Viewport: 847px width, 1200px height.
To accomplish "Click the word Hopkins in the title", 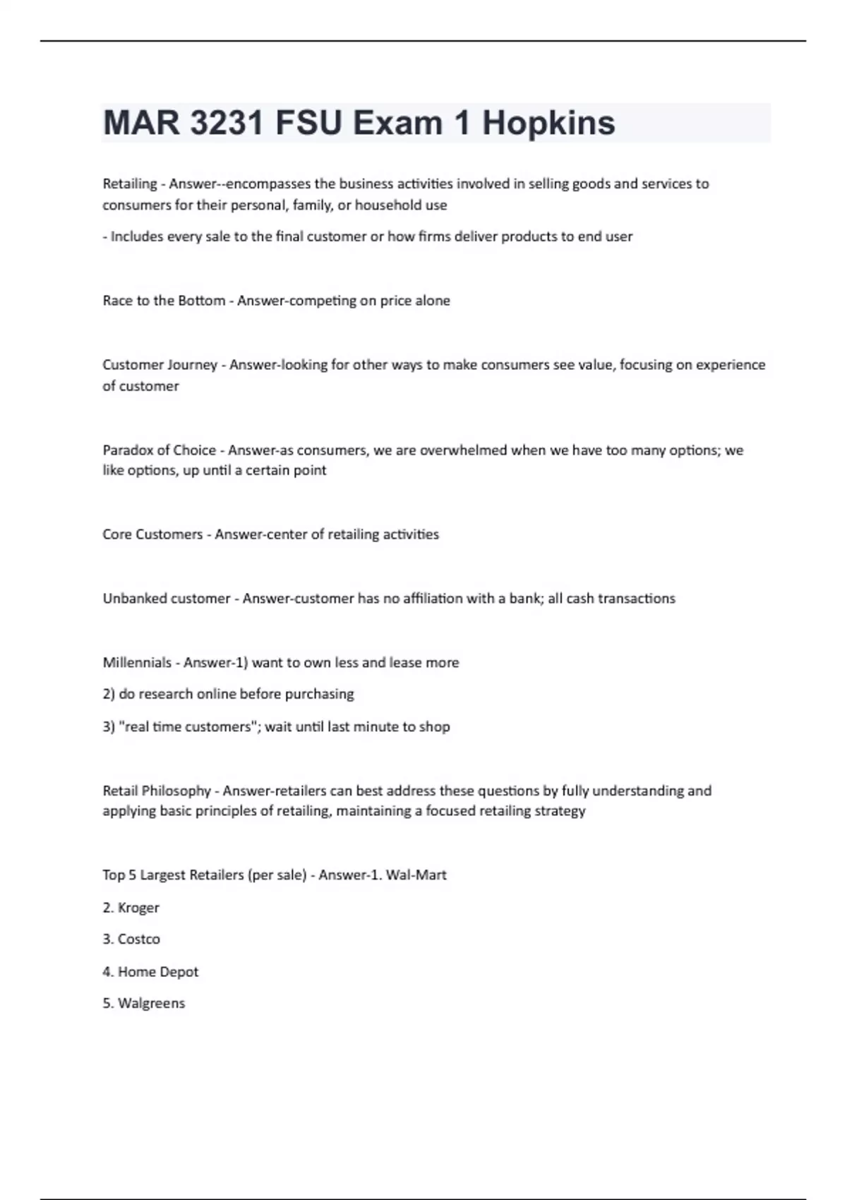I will (548, 123).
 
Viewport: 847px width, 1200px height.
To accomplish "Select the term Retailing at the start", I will (130, 184).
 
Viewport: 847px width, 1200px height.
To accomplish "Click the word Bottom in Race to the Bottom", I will (201, 301).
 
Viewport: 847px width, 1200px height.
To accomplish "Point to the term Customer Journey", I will (160, 365).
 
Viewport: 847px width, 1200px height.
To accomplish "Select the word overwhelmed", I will (463, 450).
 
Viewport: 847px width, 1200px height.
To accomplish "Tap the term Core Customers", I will (152, 534).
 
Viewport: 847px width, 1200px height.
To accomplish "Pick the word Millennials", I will (137, 663).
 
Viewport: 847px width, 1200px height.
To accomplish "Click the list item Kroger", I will (138, 908).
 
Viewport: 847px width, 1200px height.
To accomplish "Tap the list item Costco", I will (139, 940).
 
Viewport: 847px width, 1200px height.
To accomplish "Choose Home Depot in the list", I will (158, 972).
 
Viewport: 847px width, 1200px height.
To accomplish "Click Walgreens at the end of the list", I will (151, 1004).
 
